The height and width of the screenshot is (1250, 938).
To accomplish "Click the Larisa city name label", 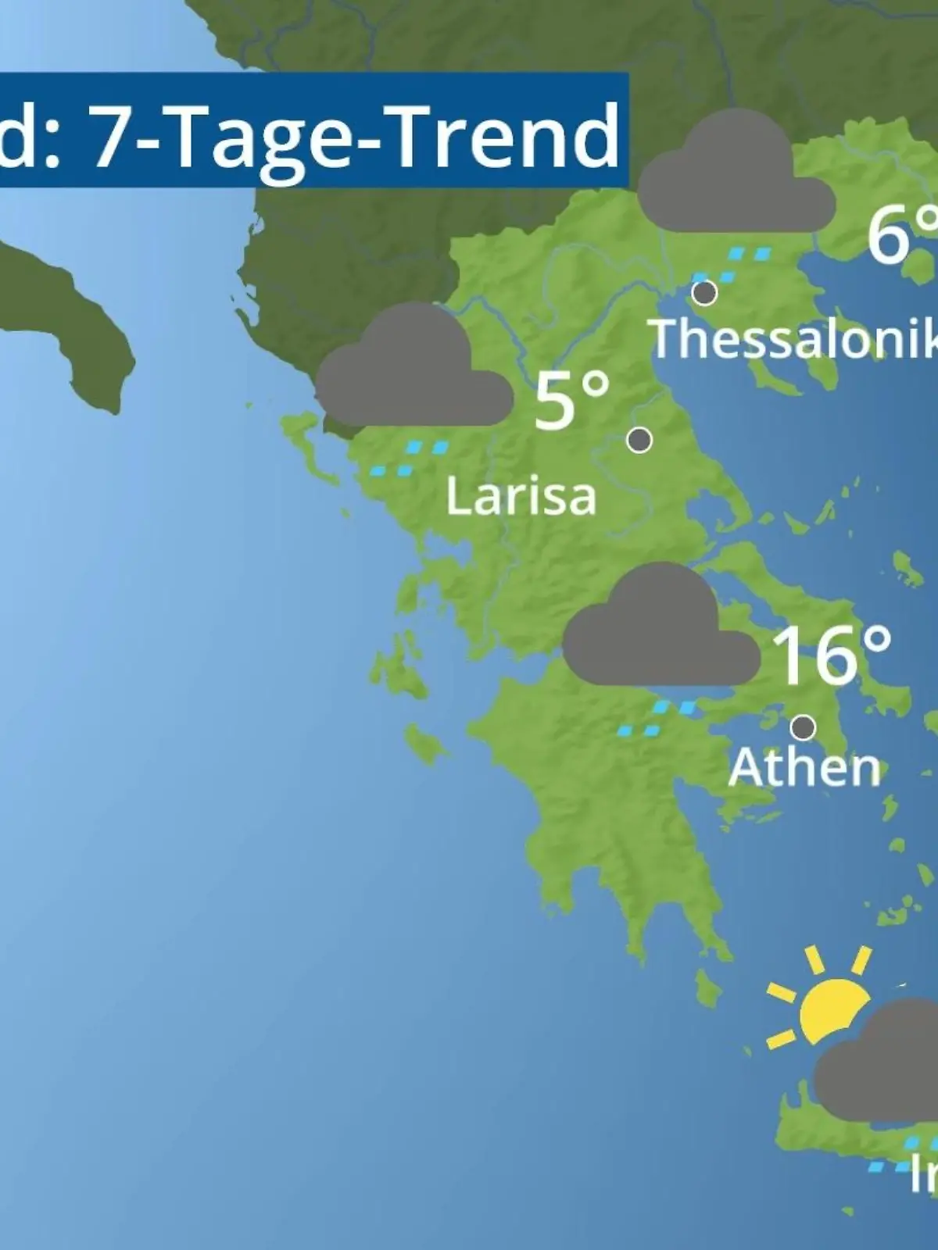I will (521, 496).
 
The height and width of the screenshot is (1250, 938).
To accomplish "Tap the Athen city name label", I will (804, 768).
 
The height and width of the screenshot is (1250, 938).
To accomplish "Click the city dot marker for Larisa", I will (640, 441).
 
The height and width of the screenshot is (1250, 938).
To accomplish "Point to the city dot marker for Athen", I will (803, 728).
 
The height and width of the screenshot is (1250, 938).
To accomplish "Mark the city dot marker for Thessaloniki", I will (705, 293).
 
